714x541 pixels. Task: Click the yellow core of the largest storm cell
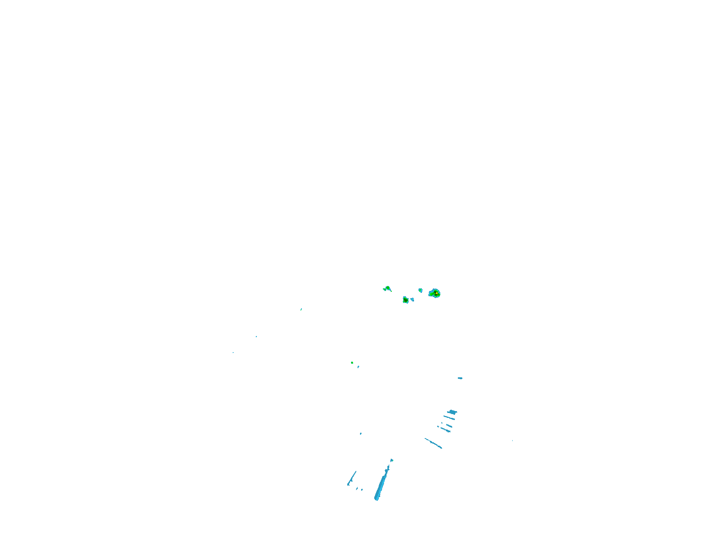[436, 293]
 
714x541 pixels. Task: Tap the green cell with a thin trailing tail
[387, 288]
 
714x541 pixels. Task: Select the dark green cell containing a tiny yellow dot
[405, 300]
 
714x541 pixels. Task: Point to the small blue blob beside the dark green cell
[412, 300]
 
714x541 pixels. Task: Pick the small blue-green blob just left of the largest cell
[420, 290]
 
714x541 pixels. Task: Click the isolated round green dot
[352, 363]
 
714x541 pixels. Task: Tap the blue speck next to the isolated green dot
[358, 367]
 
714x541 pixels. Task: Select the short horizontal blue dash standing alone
[460, 378]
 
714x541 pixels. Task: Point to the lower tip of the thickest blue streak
[376, 499]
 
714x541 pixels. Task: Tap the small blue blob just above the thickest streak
[391, 460]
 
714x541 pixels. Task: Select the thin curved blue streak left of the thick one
[352, 478]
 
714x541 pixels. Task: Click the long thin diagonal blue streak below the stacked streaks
[433, 443]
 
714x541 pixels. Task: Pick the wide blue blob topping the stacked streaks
[452, 412]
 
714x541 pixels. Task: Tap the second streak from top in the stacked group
[449, 417]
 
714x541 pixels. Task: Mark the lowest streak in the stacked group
[445, 430]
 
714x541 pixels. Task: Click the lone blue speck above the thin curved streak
[361, 434]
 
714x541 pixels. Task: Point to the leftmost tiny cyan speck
[233, 353]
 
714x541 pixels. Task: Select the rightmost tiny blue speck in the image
[512, 440]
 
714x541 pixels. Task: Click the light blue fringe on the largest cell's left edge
[430, 294]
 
